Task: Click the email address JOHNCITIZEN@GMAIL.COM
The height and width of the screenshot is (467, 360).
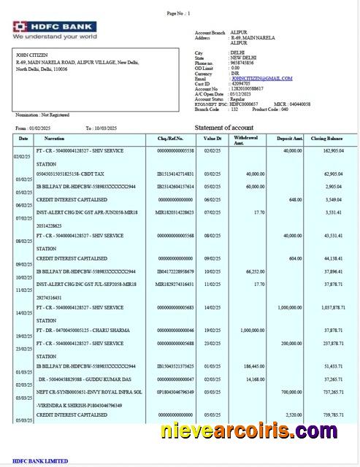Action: click(x=261, y=78)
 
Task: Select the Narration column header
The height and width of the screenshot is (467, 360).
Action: click(x=54, y=138)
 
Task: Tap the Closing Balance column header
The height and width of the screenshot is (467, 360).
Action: click(x=326, y=138)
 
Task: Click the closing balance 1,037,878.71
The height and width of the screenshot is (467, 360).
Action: click(x=327, y=308)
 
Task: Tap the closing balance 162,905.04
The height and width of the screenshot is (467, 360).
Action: click(x=328, y=150)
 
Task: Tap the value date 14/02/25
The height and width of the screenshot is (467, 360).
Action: click(x=212, y=308)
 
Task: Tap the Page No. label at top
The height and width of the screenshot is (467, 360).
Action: click(x=177, y=13)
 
